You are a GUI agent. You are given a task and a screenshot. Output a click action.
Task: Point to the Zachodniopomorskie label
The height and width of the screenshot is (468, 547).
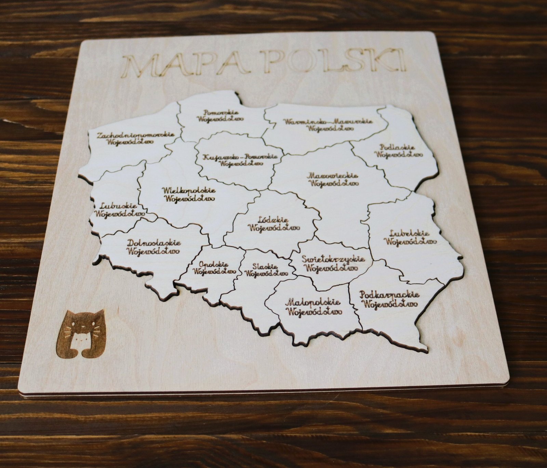click(136, 138)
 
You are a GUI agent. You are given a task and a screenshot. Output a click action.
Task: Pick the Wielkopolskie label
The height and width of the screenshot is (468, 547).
click(189, 194)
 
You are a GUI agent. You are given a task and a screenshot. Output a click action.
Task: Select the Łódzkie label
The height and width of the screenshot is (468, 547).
click(274, 223)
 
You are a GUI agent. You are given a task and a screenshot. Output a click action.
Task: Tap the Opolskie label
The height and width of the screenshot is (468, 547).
click(214, 268)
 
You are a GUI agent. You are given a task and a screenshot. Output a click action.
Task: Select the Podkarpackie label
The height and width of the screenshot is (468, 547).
click(390, 299)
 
